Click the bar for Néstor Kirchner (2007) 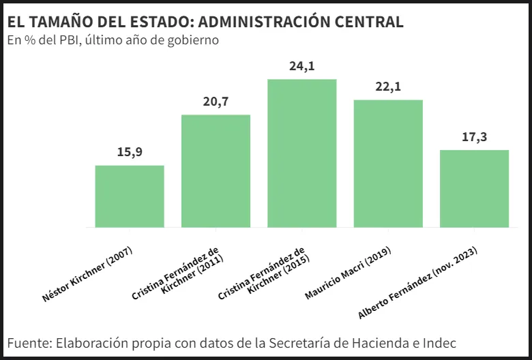click(x=130, y=196)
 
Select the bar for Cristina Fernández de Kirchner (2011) click(x=216, y=170)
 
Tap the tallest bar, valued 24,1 click(x=302, y=153)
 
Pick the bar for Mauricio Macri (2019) click(x=388, y=164)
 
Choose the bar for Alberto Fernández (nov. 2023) click(x=475, y=188)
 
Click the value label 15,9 click(x=130, y=152)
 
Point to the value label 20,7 click(x=216, y=102)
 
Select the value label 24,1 click(x=302, y=66)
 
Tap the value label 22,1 click(x=388, y=87)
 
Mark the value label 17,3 click(x=475, y=137)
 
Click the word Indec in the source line click(x=438, y=342)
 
